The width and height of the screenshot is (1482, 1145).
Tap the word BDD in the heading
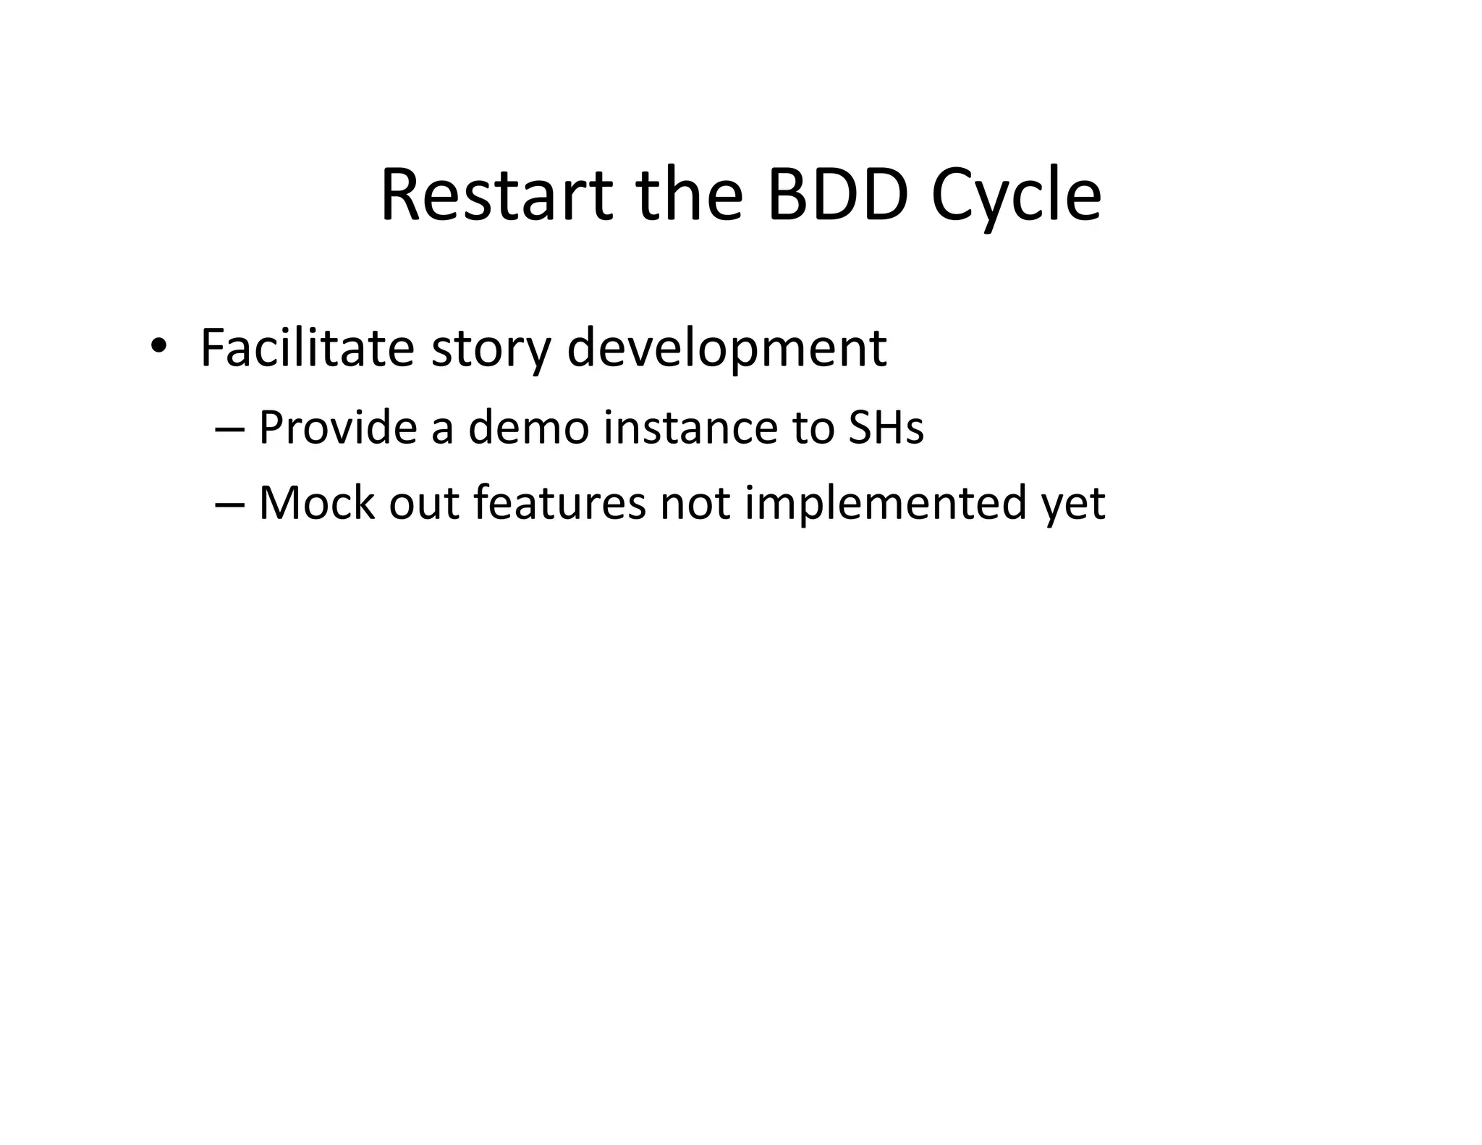pyautogui.click(x=837, y=195)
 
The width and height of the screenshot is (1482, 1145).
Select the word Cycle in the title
pyautogui.click(x=1016, y=197)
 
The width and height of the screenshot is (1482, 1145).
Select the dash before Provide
pyautogui.click(x=230, y=429)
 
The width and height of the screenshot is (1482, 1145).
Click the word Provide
pyautogui.click(x=337, y=427)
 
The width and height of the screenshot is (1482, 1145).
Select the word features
pyautogui.click(x=559, y=503)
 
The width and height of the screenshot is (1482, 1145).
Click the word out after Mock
pyautogui.click(x=423, y=503)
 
